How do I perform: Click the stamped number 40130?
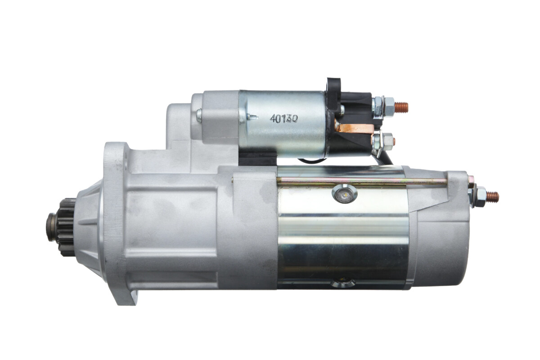[x=284, y=119]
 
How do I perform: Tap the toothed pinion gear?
[x=66, y=227]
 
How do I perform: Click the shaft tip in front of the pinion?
[x=51, y=227]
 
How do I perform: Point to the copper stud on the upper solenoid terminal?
[x=401, y=107]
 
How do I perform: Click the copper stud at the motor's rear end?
[x=492, y=197]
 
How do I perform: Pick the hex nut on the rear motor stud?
[x=480, y=197]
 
